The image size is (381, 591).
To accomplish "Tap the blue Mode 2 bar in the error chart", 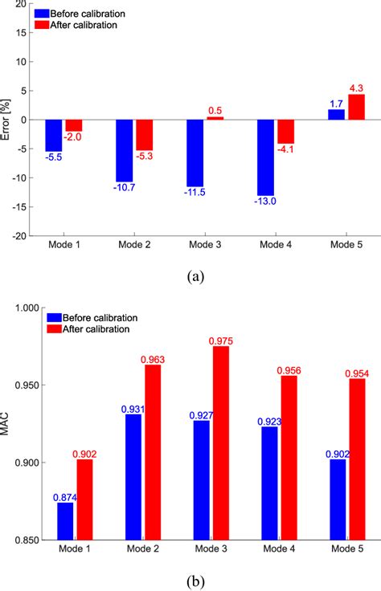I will [x=125, y=151].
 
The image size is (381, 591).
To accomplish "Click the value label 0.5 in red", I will [x=215, y=110].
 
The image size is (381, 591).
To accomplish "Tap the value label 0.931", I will [x=125, y=409].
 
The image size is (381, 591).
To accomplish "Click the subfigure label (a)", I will [x=195, y=276].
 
